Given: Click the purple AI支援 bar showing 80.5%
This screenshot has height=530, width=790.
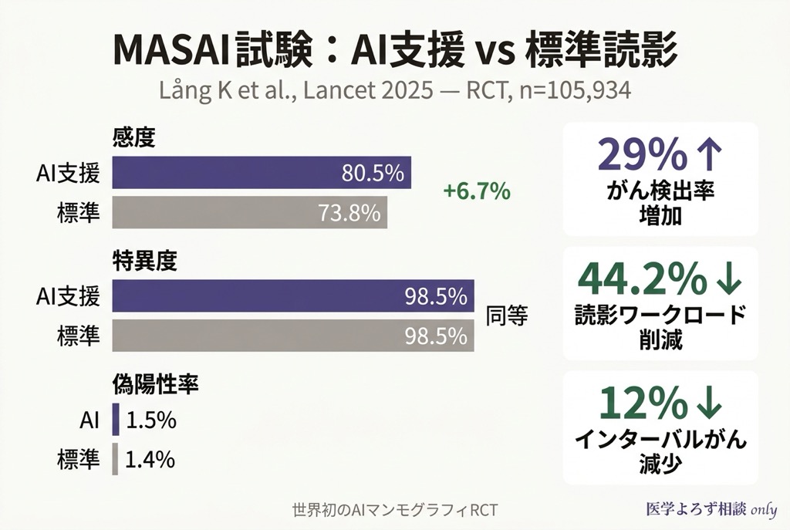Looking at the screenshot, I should pos(262,173).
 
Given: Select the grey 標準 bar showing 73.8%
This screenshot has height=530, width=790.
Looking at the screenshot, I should pos(250,212).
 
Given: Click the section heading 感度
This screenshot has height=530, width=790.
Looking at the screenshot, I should pos(134,138).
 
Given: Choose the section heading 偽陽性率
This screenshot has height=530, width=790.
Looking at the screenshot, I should pos(156,384).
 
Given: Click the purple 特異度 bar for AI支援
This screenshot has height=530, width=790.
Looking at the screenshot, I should pos(293,296).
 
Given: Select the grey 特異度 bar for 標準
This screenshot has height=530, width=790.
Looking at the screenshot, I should pos(293,336).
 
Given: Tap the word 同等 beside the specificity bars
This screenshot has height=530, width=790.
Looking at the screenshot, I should pos(506,316).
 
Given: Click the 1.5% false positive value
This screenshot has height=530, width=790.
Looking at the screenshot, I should pos(151,420).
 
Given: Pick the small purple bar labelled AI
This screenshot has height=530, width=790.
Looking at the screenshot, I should pos(116,420).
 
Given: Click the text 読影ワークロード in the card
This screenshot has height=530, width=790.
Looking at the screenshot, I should pos(660,315).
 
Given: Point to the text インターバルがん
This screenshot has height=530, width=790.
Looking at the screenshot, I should pos(660,440).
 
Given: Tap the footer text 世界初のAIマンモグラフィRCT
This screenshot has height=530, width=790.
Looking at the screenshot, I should pos(395,510).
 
